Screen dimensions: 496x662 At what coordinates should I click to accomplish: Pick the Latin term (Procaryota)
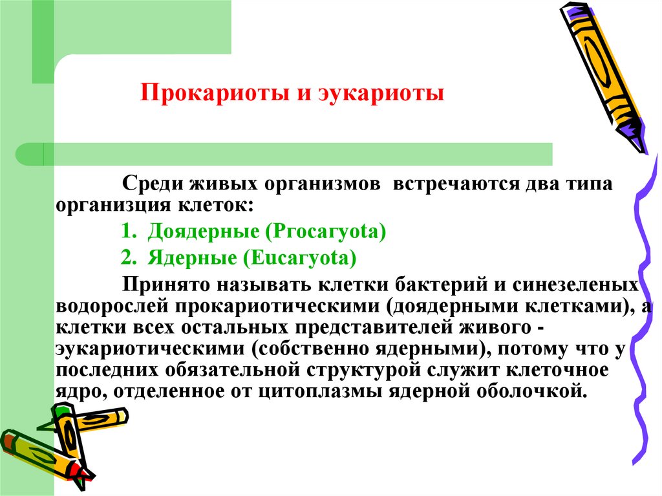pyautogui.click(x=330, y=231)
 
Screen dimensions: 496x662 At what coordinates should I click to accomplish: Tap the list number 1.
pyautogui.click(x=127, y=231)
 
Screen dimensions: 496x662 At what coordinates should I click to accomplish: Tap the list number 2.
pyautogui.click(x=127, y=258)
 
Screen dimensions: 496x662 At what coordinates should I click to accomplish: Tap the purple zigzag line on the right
pyautogui.click(x=637, y=291)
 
